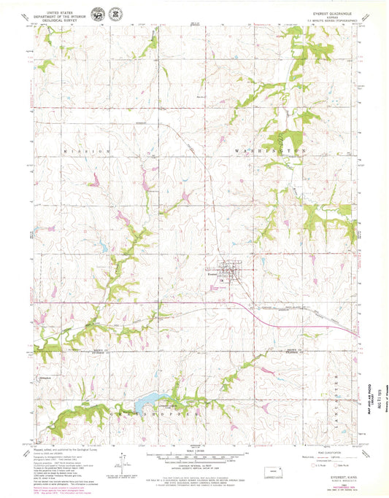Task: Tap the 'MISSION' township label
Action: tap(88, 150)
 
